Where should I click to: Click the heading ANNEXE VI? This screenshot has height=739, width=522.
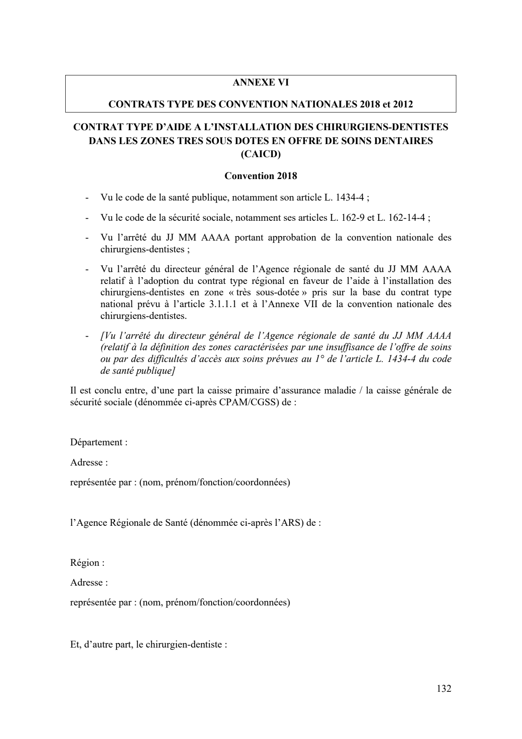coord(261,83)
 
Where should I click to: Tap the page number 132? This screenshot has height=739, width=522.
coord(444,688)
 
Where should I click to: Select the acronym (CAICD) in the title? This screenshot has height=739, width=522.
coord(261,154)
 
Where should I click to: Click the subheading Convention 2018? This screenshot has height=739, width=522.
coord(261,176)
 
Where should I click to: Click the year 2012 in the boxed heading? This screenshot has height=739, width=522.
coord(403,104)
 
